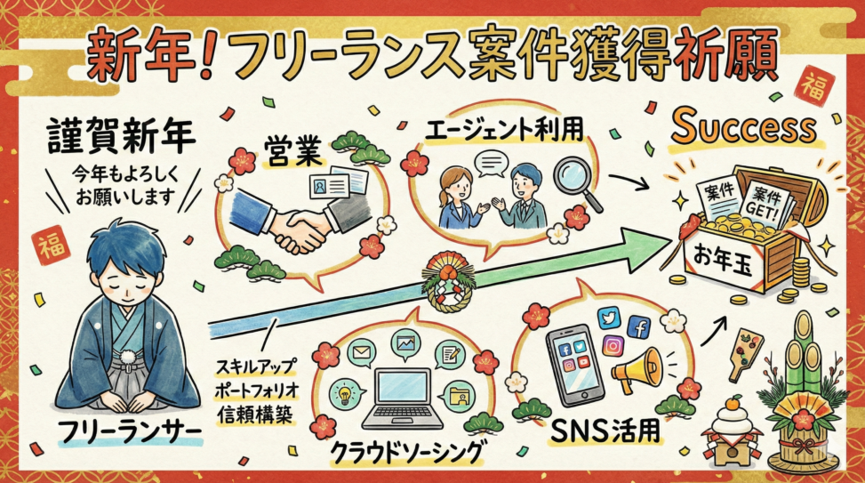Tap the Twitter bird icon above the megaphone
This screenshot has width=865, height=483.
tap(609, 318)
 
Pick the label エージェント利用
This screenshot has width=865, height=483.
tap(504, 130)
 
